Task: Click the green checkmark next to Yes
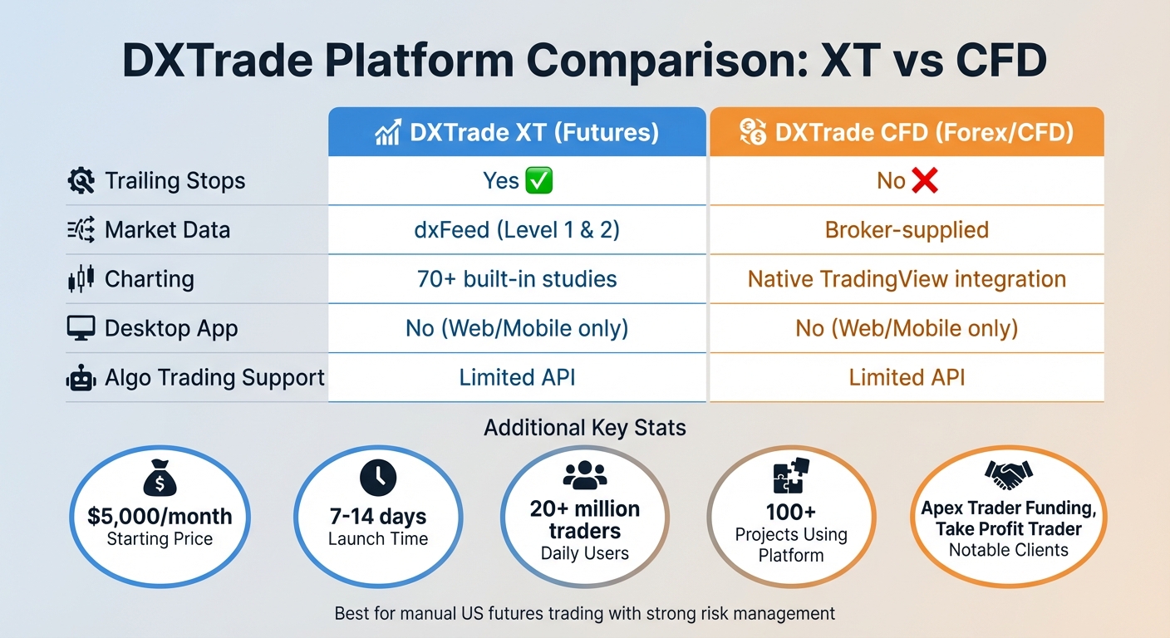coord(539,181)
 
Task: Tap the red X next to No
coord(924,180)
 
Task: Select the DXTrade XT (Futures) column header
coord(517,133)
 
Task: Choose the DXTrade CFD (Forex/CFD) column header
coord(907,133)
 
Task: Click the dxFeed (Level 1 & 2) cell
coord(517,229)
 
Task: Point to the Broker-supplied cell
coord(907,229)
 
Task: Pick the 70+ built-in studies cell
coord(517,278)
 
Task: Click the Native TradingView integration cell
coord(907,278)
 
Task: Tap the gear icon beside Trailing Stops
coord(81,181)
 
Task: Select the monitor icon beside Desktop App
coord(81,327)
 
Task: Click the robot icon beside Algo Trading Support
coord(81,378)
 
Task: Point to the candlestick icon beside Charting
coord(81,279)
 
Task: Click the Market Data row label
coord(167,230)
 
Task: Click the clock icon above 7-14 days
coord(378,478)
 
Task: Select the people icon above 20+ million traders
coord(585,475)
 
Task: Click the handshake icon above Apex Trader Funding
coord(1008,475)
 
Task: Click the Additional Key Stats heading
coord(585,428)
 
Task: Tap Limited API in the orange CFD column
coord(907,378)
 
